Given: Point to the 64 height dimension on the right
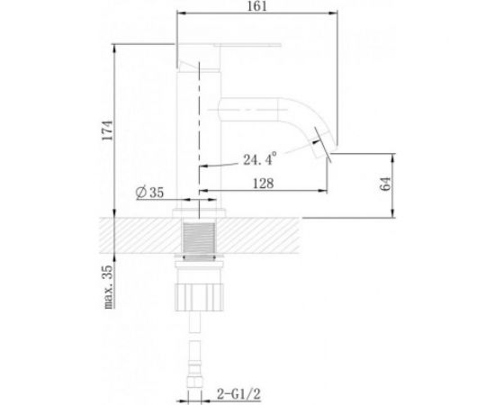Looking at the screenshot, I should [387, 184].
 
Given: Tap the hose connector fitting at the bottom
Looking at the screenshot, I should [195, 378].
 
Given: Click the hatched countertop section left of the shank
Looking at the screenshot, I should [135, 238].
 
